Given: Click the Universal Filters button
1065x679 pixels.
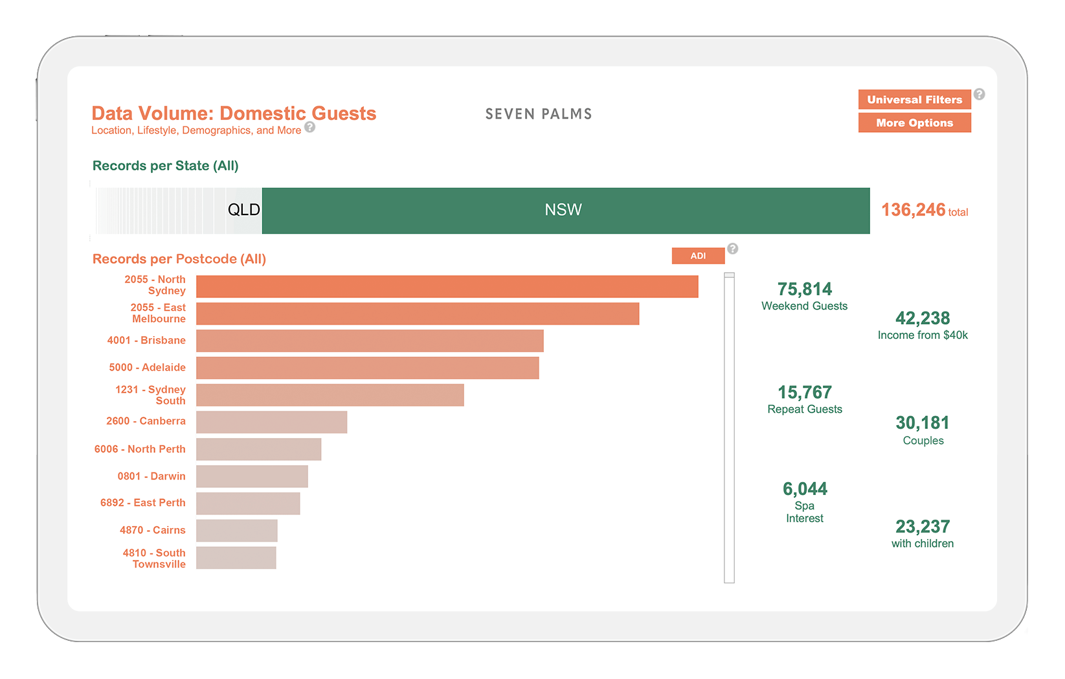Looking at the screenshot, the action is (914, 99).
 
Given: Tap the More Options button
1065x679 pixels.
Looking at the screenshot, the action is (914, 122).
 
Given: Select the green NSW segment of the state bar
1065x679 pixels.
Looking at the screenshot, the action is (566, 211).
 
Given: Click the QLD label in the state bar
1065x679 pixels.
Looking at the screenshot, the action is (244, 209).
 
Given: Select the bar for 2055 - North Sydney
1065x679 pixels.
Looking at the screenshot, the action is (447, 286).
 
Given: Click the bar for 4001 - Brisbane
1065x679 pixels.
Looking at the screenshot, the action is (370, 341).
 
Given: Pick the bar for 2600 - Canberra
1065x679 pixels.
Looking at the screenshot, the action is (271, 422).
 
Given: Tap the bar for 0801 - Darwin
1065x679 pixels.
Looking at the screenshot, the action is (252, 476).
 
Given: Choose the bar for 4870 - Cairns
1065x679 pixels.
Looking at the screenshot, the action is (237, 531).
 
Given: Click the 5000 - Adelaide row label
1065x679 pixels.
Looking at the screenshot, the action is (148, 367).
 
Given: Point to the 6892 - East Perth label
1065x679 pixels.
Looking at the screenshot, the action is (142, 503).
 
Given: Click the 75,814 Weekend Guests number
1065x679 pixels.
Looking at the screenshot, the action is (805, 289).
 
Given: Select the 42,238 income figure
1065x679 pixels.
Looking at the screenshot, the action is (923, 318).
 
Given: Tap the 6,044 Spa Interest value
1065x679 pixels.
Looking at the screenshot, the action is (805, 489).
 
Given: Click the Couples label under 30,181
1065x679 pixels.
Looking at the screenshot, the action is (923, 441).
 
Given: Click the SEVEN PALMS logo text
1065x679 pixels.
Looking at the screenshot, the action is (539, 114).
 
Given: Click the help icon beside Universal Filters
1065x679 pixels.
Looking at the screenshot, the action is (980, 94).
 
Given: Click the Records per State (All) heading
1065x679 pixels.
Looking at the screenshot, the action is (166, 166).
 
